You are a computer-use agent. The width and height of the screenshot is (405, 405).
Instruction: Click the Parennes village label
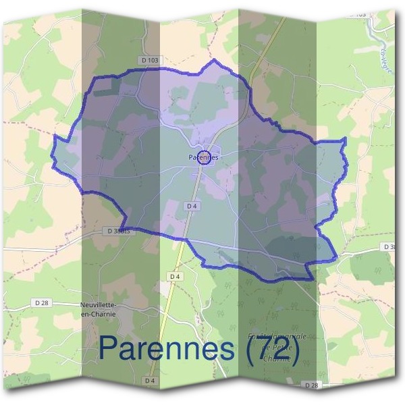click(x=204, y=157)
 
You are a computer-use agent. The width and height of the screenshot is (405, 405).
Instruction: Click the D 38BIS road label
click(x=117, y=231)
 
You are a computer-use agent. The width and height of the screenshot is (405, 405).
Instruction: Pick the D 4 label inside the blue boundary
click(x=192, y=205)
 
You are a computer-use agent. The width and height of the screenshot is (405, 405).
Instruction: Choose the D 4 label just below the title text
click(x=150, y=381)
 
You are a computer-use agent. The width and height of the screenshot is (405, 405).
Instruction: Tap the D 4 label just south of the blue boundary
click(x=175, y=277)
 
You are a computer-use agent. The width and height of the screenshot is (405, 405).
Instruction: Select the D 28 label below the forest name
click(x=311, y=385)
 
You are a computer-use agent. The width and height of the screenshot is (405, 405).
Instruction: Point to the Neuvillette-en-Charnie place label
click(x=99, y=308)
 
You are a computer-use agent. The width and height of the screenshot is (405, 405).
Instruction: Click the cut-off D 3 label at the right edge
click(x=389, y=247)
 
